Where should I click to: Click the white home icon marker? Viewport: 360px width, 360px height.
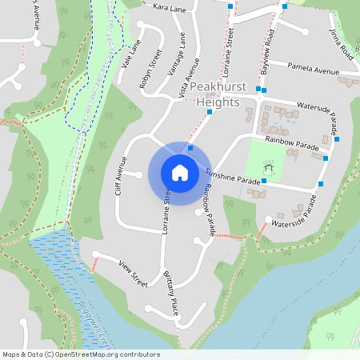pyautogui.click(x=180, y=172)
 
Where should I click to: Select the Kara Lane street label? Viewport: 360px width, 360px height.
pyautogui.click(x=169, y=7)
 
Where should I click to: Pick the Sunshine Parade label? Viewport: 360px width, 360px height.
pyautogui.click(x=232, y=177)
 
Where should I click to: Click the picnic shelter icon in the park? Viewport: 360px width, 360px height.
pyautogui.click(x=269, y=167)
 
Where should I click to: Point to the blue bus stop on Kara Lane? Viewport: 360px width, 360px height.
pyautogui.click(x=230, y=6)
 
